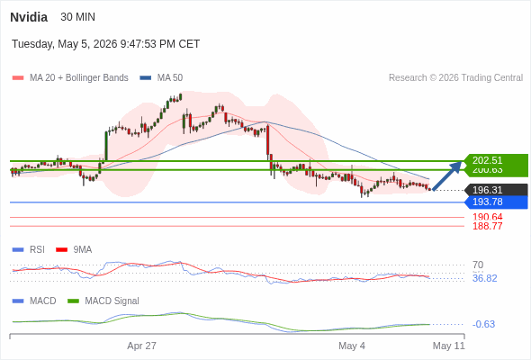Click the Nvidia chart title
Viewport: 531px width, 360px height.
(x=29, y=17)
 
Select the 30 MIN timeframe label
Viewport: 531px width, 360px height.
(x=78, y=17)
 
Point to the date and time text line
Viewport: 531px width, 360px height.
(x=105, y=44)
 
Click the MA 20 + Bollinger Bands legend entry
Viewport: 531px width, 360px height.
(x=70, y=78)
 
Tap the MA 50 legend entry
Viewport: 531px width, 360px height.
(x=161, y=78)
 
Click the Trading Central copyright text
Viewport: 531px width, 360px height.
(x=455, y=78)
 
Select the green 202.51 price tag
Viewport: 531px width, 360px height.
(x=496, y=160)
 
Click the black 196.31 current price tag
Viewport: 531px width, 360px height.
(x=496, y=190)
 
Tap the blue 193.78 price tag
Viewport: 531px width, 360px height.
(x=496, y=202)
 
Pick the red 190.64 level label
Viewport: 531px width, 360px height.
(x=487, y=217)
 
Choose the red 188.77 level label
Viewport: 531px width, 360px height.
(x=487, y=226)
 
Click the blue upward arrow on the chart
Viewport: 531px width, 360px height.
(x=447, y=175)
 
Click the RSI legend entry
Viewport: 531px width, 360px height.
(x=29, y=250)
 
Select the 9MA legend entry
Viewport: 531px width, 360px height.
(x=74, y=250)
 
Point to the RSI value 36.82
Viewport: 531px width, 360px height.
(x=484, y=279)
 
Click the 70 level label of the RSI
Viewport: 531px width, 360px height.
(x=478, y=265)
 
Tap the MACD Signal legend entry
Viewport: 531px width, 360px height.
(x=103, y=301)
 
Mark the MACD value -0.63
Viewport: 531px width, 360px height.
(x=483, y=324)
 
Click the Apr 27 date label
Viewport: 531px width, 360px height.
(x=141, y=346)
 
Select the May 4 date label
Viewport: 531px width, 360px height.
(x=352, y=346)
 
